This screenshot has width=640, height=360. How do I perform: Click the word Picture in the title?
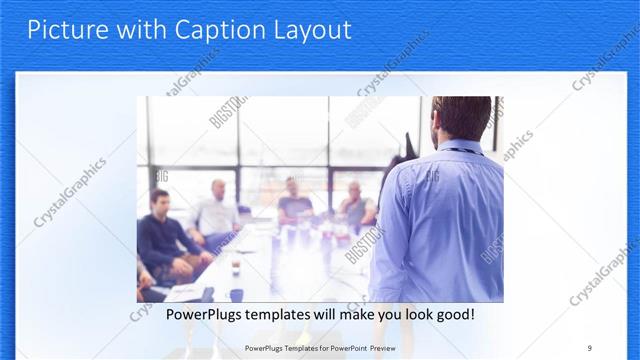click(63, 30)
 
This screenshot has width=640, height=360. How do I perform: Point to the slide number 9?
click(589, 347)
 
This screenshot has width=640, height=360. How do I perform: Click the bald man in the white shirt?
click(215, 212)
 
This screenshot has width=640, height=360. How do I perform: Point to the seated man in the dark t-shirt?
click(293, 201)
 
